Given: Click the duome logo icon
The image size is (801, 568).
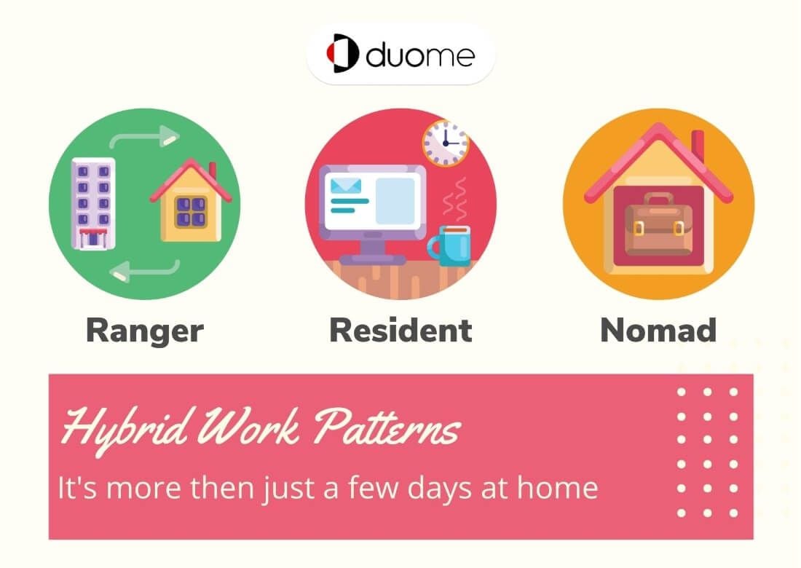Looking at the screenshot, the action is click(x=343, y=53).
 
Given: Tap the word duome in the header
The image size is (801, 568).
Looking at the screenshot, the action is click(x=420, y=54).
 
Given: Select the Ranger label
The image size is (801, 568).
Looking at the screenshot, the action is click(x=145, y=331).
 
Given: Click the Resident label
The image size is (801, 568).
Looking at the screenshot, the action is click(x=400, y=330).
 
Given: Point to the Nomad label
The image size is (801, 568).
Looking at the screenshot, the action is click(x=658, y=330).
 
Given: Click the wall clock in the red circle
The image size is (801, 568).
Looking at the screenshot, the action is click(x=446, y=143).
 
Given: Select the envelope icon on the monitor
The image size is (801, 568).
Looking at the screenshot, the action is click(x=346, y=186).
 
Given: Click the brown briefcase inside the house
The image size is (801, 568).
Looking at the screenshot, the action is click(x=658, y=224).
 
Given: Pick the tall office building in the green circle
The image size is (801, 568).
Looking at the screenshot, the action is click(x=93, y=203).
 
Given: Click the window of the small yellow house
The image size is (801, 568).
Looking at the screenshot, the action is click(x=191, y=212).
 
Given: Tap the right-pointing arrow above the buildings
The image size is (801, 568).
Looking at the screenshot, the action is click(x=145, y=137).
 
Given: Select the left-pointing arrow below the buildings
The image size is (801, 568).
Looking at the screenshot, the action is click(x=145, y=270).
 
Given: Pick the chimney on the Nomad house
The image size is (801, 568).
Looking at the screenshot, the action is click(x=698, y=146).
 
